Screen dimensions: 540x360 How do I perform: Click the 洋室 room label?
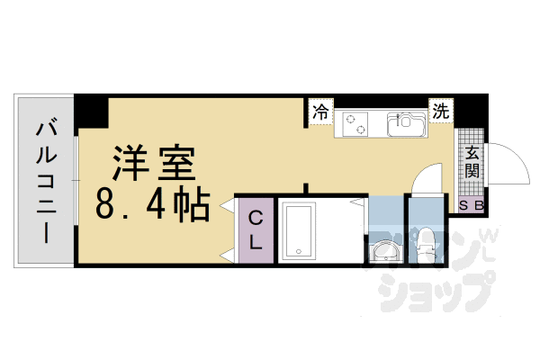pos(154,163)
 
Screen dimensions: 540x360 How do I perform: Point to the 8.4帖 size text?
pos(153,205)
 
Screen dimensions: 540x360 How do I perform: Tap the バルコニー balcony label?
pos(47,181)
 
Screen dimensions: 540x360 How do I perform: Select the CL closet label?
pos(256,230)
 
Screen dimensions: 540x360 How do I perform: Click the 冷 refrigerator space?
pos(320,112)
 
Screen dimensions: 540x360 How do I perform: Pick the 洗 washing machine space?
pos(441,111)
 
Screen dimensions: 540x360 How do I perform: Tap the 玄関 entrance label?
pos(472,162)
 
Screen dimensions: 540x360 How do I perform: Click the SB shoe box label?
pos(472,206)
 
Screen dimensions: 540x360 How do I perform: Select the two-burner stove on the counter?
pos(355,124)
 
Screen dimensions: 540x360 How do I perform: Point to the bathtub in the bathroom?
pos(299,230)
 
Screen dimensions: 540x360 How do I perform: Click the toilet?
pos(427,244)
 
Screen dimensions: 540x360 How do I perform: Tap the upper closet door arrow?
pos(228,206)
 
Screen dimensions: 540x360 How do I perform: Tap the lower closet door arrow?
pos(228,256)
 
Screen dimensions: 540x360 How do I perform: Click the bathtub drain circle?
pos(299,251)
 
